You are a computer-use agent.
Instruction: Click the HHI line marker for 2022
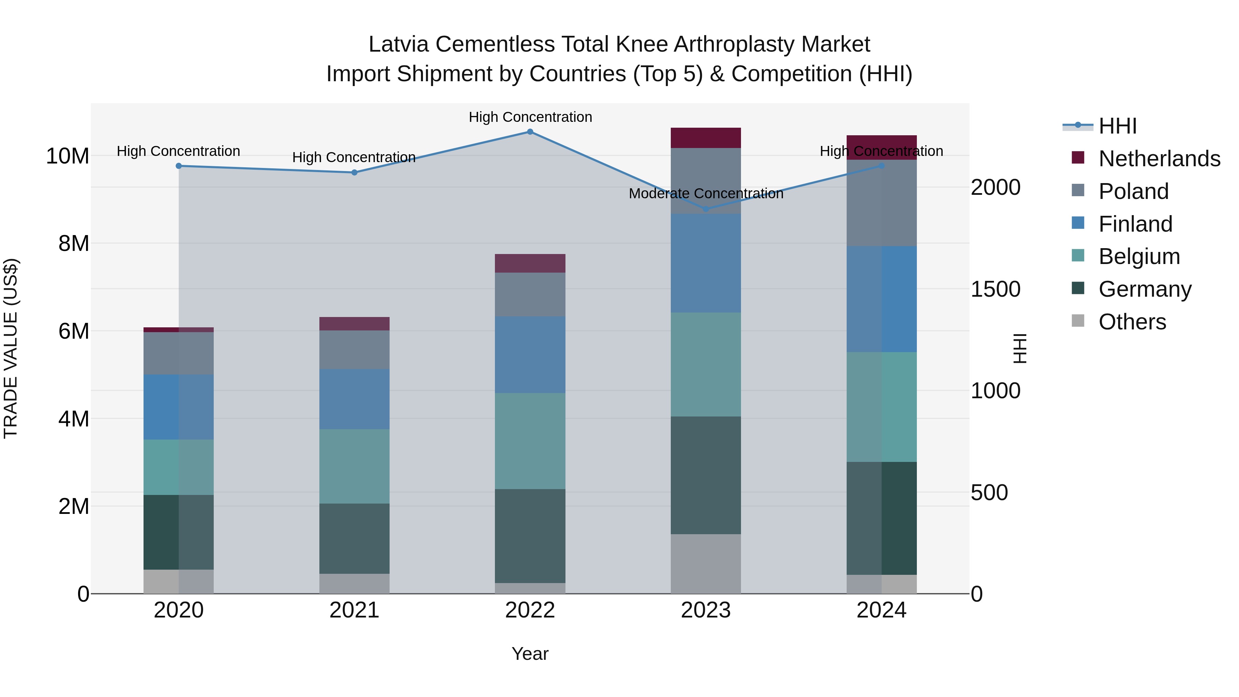[530, 132]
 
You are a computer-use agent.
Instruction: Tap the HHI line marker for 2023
[706, 209]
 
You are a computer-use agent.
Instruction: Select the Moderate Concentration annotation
[706, 194]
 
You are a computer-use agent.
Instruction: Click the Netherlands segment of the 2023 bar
[706, 138]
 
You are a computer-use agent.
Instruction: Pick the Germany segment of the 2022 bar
[530, 536]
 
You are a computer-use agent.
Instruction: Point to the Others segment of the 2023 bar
[706, 564]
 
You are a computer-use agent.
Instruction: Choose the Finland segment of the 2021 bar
[354, 399]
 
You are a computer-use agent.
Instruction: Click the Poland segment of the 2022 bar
[530, 294]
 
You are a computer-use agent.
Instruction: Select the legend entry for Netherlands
[1159, 159]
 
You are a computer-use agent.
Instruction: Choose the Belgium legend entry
[1139, 256]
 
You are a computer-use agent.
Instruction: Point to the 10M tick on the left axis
[67, 156]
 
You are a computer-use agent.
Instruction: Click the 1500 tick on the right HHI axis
[995, 289]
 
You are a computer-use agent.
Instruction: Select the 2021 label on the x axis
[354, 610]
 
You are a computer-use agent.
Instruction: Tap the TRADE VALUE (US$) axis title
[11, 348]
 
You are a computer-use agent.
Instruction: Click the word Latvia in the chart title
[398, 44]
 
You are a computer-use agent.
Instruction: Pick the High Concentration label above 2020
[178, 151]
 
